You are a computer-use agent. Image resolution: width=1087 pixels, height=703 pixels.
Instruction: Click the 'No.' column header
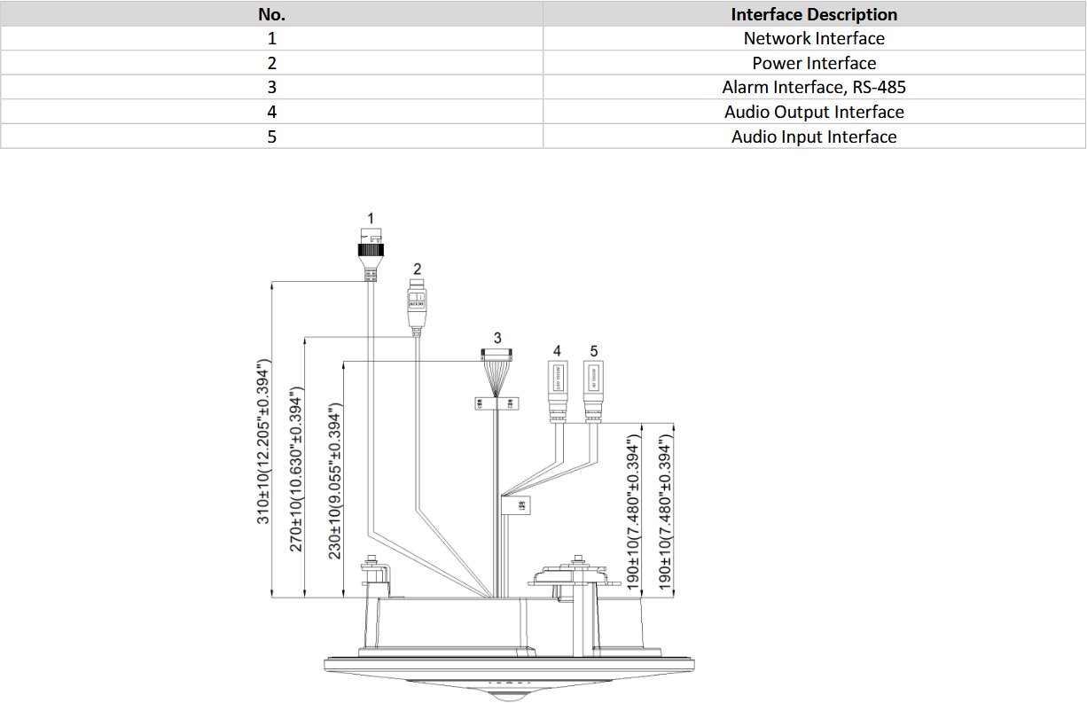[271, 14]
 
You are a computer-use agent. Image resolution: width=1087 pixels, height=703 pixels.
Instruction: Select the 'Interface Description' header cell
[814, 14]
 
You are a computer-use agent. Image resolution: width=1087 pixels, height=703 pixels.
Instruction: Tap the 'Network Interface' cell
[814, 38]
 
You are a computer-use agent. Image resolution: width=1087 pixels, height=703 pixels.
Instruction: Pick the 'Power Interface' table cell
[814, 63]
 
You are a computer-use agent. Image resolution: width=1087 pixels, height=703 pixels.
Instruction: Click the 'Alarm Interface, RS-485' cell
[814, 87]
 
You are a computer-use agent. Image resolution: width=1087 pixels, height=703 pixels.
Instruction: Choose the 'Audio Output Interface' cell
[814, 112]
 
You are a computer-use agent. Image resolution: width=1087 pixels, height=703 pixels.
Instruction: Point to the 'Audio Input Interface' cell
[814, 137]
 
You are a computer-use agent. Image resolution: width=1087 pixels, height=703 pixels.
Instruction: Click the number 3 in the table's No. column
[271, 87]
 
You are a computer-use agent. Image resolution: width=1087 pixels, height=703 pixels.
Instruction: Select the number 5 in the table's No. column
[271, 137]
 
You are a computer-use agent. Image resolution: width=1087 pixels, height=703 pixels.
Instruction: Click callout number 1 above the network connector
[370, 217]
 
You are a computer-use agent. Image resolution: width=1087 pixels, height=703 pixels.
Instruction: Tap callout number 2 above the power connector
[417, 268]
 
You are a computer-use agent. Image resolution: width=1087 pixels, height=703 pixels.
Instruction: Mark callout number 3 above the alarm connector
[497, 338]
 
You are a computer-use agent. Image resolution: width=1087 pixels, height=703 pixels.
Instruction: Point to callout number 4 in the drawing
[557, 351]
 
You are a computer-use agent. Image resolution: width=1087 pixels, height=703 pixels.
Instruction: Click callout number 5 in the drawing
[594, 351]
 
